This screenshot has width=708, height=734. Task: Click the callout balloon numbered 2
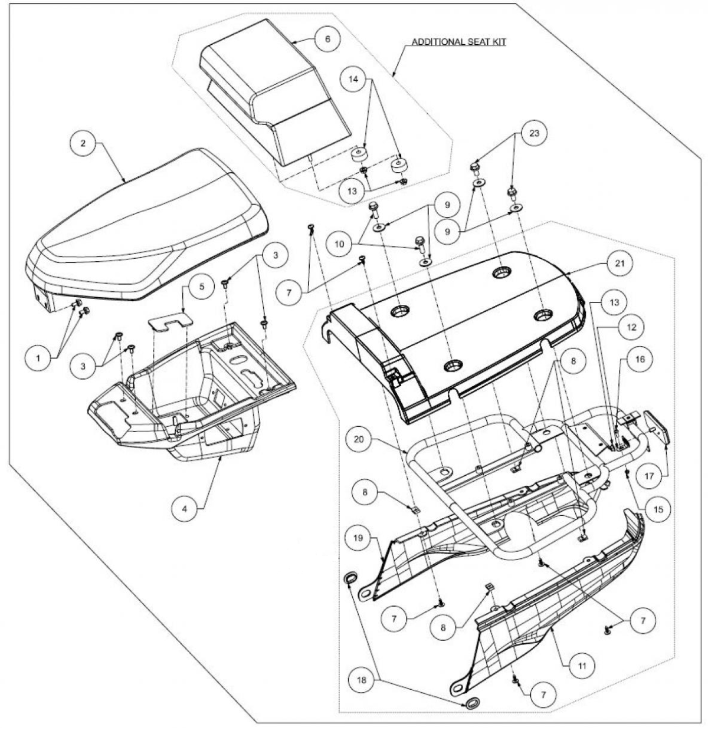pos(84,144)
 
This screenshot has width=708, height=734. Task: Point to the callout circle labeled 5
pos(202,287)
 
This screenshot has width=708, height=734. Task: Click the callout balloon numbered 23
pos(534,133)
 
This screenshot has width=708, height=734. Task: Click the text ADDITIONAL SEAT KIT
pos(458,42)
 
